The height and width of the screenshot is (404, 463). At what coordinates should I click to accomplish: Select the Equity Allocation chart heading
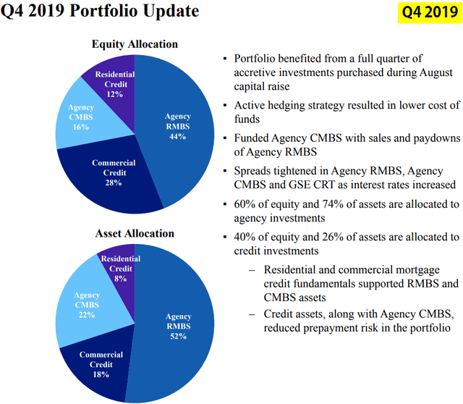135,44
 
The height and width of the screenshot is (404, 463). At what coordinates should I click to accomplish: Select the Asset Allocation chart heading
135,233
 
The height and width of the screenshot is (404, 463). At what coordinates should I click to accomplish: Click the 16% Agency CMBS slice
81,117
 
